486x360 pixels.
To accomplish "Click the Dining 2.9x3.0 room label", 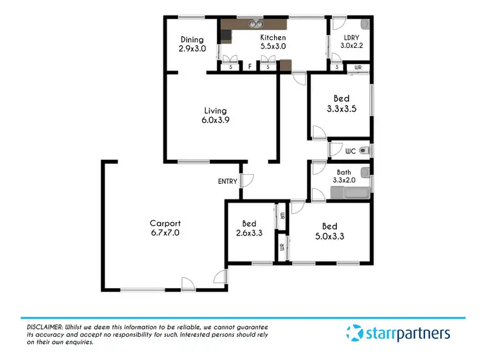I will click(x=192, y=44).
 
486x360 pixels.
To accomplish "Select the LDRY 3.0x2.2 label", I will click(x=353, y=42).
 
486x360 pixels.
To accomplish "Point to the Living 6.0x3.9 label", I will click(x=215, y=115).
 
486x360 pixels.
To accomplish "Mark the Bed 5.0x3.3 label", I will click(x=329, y=231).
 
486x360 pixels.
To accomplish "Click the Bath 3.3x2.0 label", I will click(x=343, y=176).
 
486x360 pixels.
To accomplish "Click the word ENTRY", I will click(x=227, y=181).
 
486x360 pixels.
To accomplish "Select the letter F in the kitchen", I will click(x=249, y=66).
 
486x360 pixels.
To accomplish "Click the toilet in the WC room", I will click(x=364, y=150).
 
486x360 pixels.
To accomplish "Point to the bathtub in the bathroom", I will click(x=350, y=193).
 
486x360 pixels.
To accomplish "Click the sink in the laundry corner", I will click(x=365, y=25).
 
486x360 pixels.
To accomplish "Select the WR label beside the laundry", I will click(x=358, y=67).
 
